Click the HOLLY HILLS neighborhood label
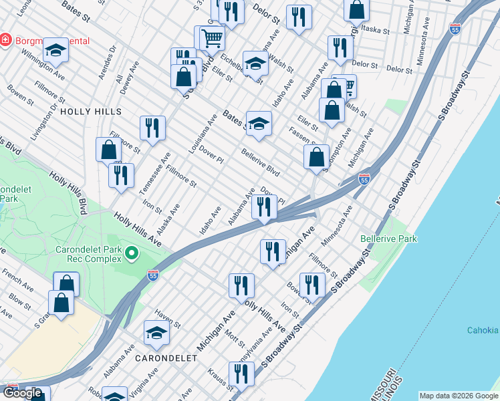tap(91, 112)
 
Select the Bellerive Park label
tap(388, 239)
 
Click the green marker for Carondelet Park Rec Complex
tap(132, 253)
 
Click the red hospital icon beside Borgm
tap(6, 40)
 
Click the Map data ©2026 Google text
tap(459, 396)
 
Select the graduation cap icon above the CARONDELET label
tap(156, 333)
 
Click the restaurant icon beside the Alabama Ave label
tap(265, 207)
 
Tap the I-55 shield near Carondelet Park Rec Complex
tap(152, 275)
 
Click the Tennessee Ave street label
tap(150, 177)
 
